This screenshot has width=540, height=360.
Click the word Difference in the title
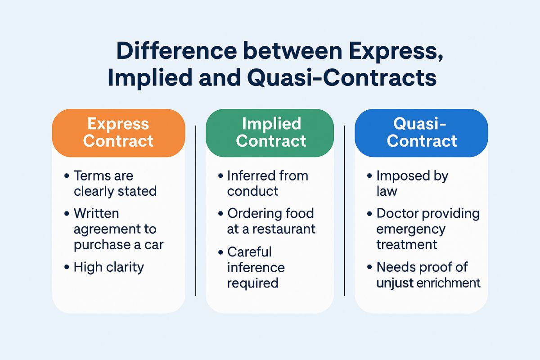pos(177,51)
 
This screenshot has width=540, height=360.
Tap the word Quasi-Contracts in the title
pos(342,78)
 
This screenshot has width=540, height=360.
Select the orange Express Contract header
pos(119,133)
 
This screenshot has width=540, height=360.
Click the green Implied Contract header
pos(270,133)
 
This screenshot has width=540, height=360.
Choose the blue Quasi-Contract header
pos(421,133)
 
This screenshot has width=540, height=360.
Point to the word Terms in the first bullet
pos(91,175)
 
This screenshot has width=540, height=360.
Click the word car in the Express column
pos(154,245)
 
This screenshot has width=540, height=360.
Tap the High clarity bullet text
pos(109,267)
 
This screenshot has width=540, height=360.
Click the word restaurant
pos(284,229)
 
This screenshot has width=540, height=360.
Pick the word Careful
pos(249,252)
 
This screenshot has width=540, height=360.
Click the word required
pos(252,283)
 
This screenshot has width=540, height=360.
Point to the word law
pos(387,191)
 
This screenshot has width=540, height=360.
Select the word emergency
pos(411,229)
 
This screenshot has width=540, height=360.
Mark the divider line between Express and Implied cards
pos(195,211)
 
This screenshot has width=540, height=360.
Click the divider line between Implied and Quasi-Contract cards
pos(345,211)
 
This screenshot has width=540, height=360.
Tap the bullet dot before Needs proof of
pos(369,267)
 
